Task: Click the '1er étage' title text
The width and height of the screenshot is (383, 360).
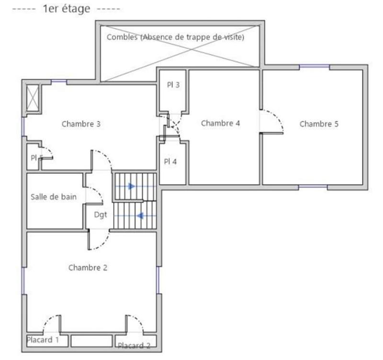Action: (68, 9)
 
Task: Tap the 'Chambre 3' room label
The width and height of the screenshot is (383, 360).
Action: (81, 124)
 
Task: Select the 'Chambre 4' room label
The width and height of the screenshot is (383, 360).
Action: (220, 123)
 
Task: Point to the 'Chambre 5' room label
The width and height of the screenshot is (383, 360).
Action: (319, 124)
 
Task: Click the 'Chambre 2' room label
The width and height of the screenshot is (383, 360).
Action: (88, 268)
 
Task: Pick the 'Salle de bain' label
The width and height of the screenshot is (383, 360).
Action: (53, 197)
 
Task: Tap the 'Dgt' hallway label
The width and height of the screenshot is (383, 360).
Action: (100, 215)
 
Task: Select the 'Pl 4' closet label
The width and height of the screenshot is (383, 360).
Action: (170, 161)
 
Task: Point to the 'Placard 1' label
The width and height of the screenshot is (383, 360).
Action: (43, 340)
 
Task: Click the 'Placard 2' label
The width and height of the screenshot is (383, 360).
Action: (134, 345)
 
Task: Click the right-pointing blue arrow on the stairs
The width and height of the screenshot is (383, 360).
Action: (131, 186)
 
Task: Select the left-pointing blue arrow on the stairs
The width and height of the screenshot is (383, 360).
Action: (140, 215)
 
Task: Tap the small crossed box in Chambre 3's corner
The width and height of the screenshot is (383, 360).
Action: (33, 98)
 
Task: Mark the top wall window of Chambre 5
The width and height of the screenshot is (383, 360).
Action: (314, 67)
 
